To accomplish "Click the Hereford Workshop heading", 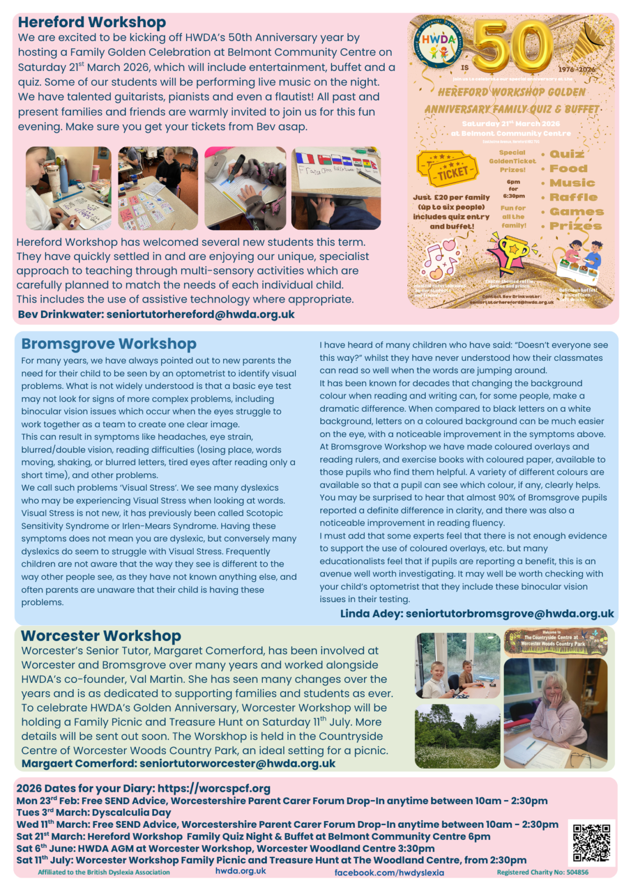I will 92,22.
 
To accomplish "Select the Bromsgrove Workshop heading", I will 108,344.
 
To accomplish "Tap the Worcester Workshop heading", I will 101,636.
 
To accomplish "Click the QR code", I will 591,843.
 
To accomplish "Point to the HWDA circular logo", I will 438,44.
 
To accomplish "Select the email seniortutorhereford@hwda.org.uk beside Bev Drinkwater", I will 200,314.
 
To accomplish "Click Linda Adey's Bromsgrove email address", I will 509,613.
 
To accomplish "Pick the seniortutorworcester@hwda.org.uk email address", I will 237,764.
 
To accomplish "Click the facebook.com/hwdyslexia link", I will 389,872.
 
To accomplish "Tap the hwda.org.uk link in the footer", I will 240,871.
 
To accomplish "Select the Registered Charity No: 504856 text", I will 542,872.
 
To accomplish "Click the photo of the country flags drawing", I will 336,188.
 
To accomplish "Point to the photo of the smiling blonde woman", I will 555,713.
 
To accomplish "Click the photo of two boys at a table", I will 457,666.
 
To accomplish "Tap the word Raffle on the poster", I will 573,197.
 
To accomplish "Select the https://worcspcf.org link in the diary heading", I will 214,788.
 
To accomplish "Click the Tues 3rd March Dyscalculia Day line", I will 94,812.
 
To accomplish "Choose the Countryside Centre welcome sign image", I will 555,641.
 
